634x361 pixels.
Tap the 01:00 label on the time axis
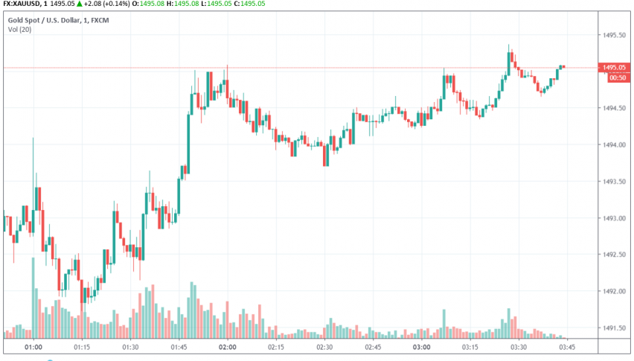(x=33, y=348)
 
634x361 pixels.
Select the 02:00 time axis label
(x=227, y=348)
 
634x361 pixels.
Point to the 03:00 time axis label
(x=421, y=348)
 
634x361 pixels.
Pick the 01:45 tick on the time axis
(x=179, y=348)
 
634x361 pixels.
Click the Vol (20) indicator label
(x=19, y=29)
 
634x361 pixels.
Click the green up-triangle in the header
(x=80, y=4)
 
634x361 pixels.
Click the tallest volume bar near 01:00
(x=33, y=298)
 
